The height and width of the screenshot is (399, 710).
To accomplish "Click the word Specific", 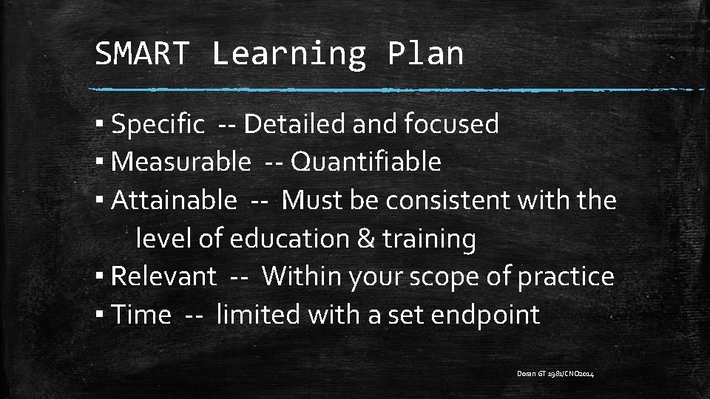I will pos(158,125).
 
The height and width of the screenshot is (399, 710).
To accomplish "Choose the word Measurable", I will pos(181,162).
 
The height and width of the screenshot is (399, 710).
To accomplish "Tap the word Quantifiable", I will pos(366,162).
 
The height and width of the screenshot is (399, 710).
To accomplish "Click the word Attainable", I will pos(175,199).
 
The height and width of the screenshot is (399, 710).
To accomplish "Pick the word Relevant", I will pos(163,276).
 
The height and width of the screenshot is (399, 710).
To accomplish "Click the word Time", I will pos(141,315).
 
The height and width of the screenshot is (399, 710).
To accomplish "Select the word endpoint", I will pos(485,316).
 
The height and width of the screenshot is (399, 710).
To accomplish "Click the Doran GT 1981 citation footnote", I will pos(555,375).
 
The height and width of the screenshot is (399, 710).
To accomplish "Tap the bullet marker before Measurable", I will pos(99,162).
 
